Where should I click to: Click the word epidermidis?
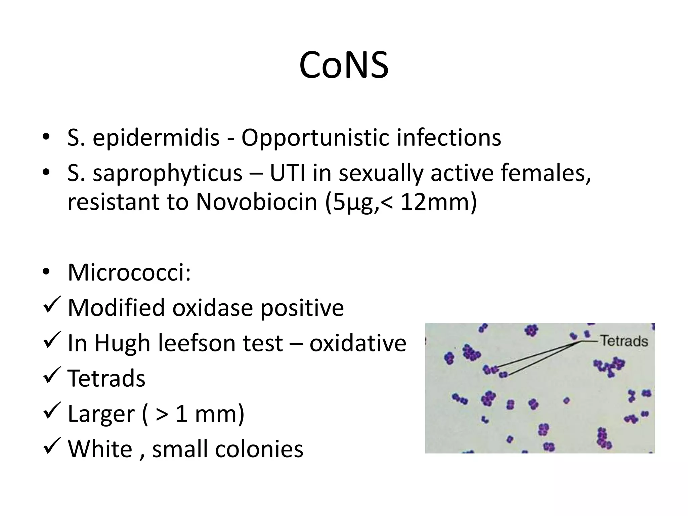[156, 138]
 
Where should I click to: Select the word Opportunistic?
[315, 138]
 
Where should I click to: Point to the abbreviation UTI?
[288, 173]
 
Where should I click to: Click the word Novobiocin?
[257, 202]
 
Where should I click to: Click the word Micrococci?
[129, 272]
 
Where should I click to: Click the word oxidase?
[212, 307]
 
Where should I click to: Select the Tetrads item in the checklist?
[106, 378]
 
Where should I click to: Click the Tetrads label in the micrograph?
[624, 341]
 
